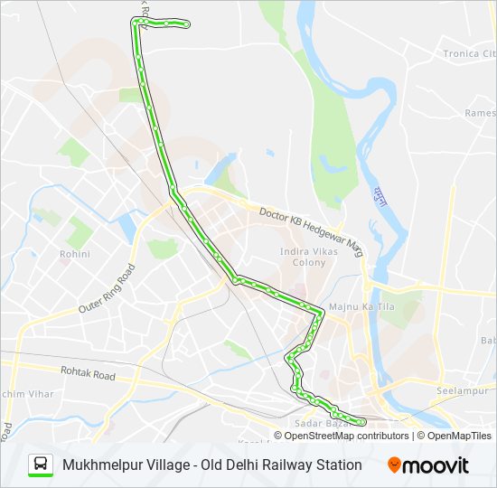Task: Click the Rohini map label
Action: tap(75, 254)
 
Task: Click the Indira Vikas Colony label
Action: tap(309, 257)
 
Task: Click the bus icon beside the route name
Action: tap(41, 465)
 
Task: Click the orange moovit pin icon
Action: tap(395, 465)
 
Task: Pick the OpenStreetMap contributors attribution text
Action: tap(346, 436)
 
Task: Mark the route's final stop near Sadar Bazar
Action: tap(362, 421)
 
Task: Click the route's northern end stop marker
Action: tap(186, 24)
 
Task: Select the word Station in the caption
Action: tap(337, 465)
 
